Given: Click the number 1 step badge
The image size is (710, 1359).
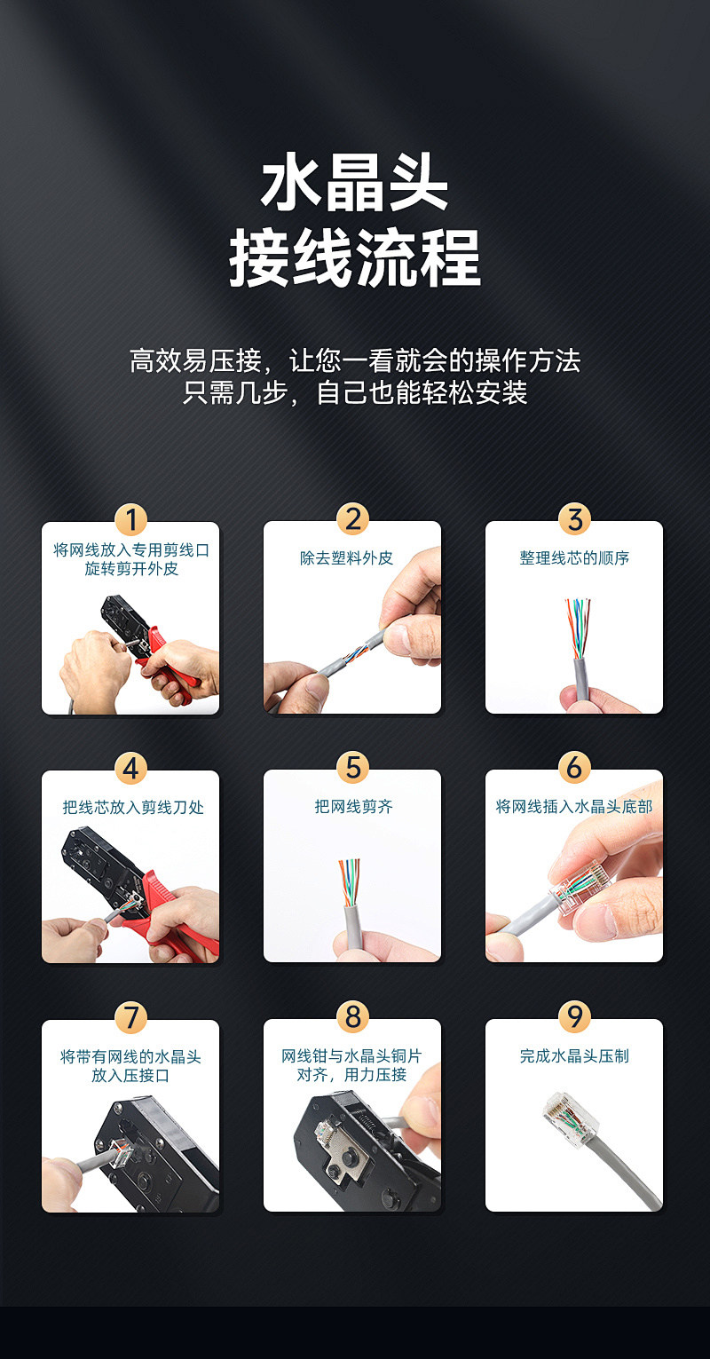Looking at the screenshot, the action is [x=131, y=520].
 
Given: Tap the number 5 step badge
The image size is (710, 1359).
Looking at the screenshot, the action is [x=352, y=768].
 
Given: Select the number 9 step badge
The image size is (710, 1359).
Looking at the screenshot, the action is [x=574, y=1017].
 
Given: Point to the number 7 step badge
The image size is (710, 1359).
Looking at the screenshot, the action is [x=131, y=1017].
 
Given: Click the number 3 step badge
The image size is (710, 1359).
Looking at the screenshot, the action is [x=574, y=519].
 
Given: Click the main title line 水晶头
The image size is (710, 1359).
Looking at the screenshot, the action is [x=354, y=182].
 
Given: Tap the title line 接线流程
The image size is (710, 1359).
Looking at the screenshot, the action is [x=355, y=257].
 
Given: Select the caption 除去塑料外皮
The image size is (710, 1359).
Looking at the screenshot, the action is [x=346, y=558].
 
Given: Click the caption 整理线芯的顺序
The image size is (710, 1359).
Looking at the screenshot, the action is [x=574, y=558].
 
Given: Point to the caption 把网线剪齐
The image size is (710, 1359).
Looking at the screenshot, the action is [x=353, y=806].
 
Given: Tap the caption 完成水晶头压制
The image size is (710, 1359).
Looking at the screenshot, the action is [x=574, y=1055].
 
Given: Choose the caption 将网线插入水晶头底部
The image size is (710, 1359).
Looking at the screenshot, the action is [x=574, y=806].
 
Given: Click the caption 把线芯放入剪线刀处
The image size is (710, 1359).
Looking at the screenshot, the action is [x=133, y=807].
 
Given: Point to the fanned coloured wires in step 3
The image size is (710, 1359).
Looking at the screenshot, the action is [x=578, y=628].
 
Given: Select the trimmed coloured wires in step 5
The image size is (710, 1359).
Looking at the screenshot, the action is [x=350, y=882].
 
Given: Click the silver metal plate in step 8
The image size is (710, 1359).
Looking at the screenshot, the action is [x=339, y=1150].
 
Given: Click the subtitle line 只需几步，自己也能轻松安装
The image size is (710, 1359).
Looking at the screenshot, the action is [x=355, y=392].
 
